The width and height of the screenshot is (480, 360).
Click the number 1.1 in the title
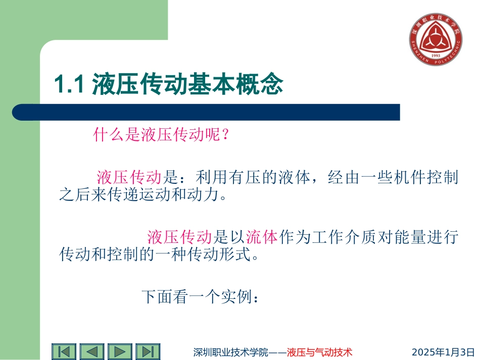click(x=68, y=84)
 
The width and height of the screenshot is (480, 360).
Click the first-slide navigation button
click(x=64, y=351)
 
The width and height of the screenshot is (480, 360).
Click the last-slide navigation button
click(x=148, y=351)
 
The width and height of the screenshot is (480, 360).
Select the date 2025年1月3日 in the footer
click(x=444, y=352)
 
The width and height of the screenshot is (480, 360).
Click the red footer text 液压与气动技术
click(x=319, y=352)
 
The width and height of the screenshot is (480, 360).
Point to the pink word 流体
click(x=262, y=236)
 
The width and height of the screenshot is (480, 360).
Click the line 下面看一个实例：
click(x=201, y=297)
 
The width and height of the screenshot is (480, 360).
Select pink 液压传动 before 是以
click(x=179, y=236)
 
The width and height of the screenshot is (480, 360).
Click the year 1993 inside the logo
click(x=435, y=56)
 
